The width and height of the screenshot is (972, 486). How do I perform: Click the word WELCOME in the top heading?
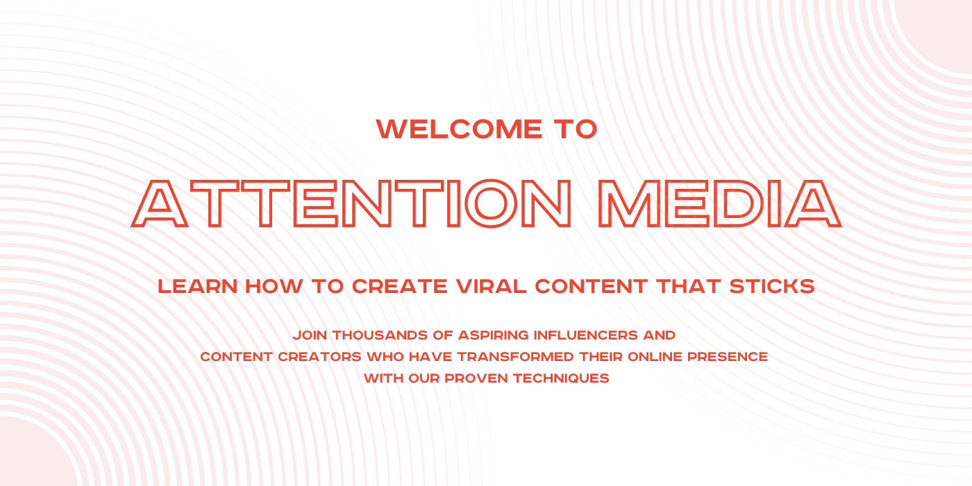click(459, 129)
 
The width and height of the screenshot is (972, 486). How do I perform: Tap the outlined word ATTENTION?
click(351, 203)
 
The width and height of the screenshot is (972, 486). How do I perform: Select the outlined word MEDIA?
click(720, 203)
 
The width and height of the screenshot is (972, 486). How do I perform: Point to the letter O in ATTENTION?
click(491, 203)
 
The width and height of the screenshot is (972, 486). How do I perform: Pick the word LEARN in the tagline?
click(197, 286)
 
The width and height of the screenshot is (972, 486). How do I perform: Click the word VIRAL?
click(492, 286)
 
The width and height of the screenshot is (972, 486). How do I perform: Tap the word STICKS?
click(772, 286)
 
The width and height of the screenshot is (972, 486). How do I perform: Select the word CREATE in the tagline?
click(400, 286)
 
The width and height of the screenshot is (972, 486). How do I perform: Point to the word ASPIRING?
click(494, 335)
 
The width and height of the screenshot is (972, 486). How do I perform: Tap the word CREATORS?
click(320, 357)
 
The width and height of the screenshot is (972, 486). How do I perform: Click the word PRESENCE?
click(728, 357)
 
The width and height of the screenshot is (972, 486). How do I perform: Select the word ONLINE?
click(655, 357)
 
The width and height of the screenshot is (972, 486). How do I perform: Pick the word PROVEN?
click(476, 378)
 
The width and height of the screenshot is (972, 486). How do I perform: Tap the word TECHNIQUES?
click(561, 378)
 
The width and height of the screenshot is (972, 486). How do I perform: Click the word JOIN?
click(310, 335)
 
